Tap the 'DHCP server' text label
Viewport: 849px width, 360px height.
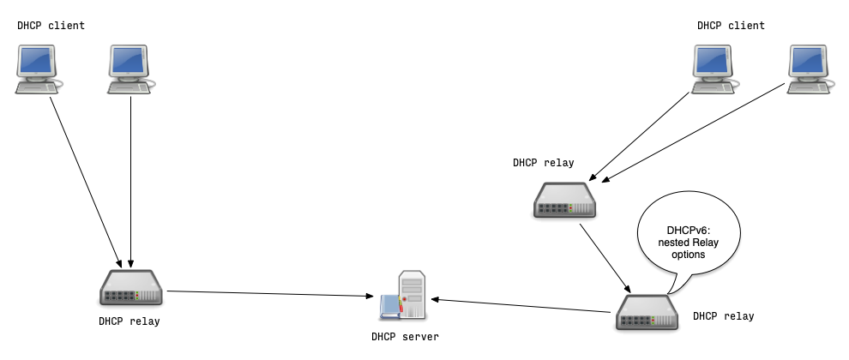point(405,337)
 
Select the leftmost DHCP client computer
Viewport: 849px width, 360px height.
point(39,69)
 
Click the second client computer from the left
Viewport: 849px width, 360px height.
point(131,69)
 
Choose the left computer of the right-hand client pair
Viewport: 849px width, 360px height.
point(715,69)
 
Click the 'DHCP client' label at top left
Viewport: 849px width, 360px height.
point(51,26)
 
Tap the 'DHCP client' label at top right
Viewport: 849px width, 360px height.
point(731,26)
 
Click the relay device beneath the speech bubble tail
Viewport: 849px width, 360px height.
point(647,312)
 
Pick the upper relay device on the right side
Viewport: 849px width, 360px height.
point(564,199)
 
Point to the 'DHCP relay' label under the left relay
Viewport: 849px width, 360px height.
point(129,321)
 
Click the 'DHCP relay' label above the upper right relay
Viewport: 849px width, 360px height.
point(544,162)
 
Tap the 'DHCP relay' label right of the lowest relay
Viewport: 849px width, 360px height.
point(723,316)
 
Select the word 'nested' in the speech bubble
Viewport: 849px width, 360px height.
point(670,243)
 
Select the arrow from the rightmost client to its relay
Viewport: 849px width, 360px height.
point(695,133)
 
